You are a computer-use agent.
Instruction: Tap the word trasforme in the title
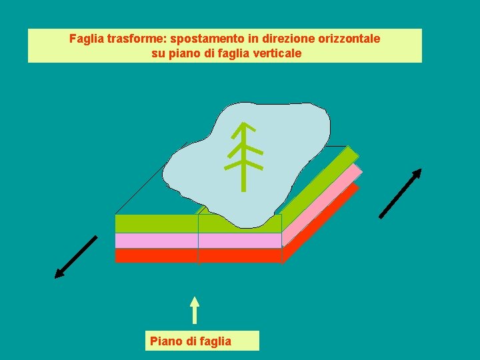click(133, 39)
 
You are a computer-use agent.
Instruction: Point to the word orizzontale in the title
click(347, 39)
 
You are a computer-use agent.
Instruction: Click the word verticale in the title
click(275, 53)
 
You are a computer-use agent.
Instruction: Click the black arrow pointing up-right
click(401, 193)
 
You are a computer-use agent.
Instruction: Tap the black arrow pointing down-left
click(76, 257)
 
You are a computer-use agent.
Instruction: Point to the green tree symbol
click(244, 157)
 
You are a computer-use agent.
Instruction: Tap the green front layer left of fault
click(156, 223)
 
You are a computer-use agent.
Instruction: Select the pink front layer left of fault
click(156, 240)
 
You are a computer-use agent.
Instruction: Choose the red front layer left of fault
click(156, 255)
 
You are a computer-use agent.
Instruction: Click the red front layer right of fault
click(240, 255)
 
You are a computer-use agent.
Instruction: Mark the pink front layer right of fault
click(240, 240)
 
